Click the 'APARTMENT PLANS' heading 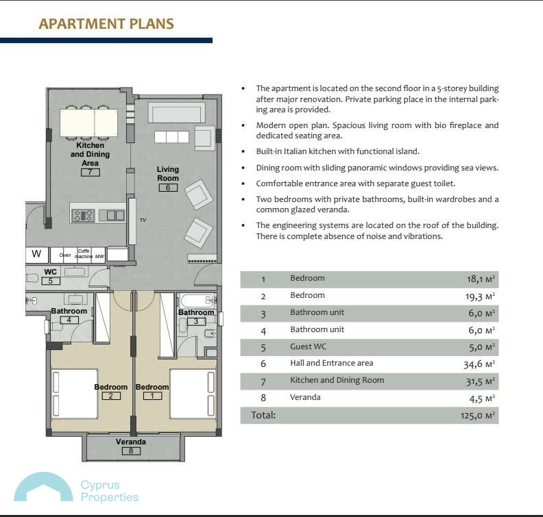pos(106,24)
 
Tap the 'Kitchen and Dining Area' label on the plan pos(90,154)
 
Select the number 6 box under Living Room pos(168,188)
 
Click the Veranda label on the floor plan pos(130,442)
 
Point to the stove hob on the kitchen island pos(83,216)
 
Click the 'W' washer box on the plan pos(36,254)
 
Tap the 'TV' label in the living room pos(143,220)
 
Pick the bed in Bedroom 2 pos(74,394)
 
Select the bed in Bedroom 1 pos(193,394)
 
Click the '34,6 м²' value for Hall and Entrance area pos(479,364)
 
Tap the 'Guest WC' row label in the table pos(309,346)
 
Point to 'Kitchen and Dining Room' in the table pos(337,380)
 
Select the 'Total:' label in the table pos(263,415)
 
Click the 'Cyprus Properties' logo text pos(110,491)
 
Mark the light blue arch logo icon pos(43,487)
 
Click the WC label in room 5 pos(50,272)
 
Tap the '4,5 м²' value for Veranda pos(482,399)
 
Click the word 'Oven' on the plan pos(64,255)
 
